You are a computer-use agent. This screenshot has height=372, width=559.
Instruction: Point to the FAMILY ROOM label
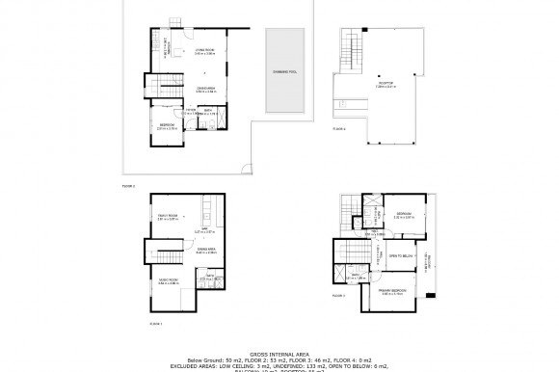[168, 217]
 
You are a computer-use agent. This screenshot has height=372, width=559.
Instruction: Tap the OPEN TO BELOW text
[399, 256]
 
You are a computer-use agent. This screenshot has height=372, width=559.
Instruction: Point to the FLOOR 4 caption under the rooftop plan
[337, 127]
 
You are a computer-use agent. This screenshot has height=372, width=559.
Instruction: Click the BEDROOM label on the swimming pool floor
[169, 124]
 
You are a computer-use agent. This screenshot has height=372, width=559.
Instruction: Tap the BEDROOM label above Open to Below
[404, 215]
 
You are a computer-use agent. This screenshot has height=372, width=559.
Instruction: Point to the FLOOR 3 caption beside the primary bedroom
[337, 296]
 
